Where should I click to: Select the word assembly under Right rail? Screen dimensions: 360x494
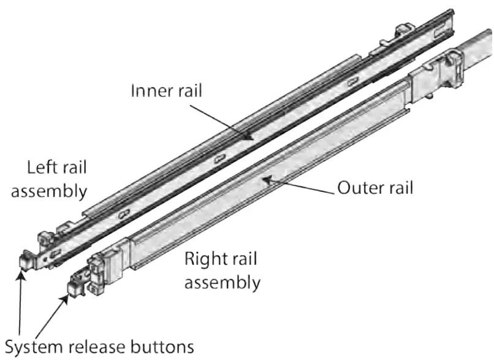click(222, 283)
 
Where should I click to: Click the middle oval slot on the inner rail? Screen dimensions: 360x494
click(218, 159)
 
